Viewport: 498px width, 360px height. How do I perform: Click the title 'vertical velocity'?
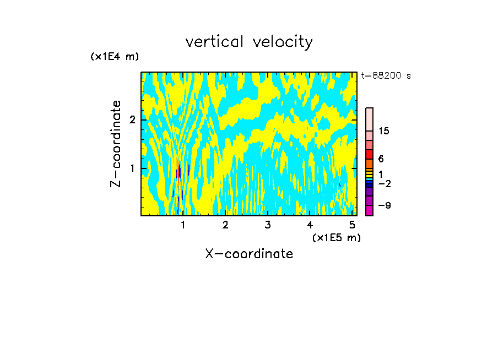(249, 42)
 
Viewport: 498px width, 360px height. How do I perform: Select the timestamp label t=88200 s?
(386, 76)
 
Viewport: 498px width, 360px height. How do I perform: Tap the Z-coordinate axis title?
(116, 144)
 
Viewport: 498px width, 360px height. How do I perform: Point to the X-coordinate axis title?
(249, 254)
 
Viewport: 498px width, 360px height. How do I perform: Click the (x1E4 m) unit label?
(115, 57)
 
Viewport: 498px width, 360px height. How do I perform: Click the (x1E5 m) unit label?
(337, 237)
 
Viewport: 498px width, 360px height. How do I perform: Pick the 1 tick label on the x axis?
(183, 225)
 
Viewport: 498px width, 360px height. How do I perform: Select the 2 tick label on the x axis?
(225, 225)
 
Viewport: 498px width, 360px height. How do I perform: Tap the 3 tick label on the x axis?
(267, 225)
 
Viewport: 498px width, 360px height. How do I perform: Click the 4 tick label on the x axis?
(310, 225)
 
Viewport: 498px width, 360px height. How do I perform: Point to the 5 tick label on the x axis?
(352, 225)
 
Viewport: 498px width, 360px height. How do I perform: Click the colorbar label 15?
(384, 131)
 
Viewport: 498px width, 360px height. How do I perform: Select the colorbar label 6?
(381, 159)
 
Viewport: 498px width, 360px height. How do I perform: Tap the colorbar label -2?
(384, 183)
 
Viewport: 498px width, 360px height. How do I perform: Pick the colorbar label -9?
(384, 205)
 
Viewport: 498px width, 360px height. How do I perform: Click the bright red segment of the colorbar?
(369, 154)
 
